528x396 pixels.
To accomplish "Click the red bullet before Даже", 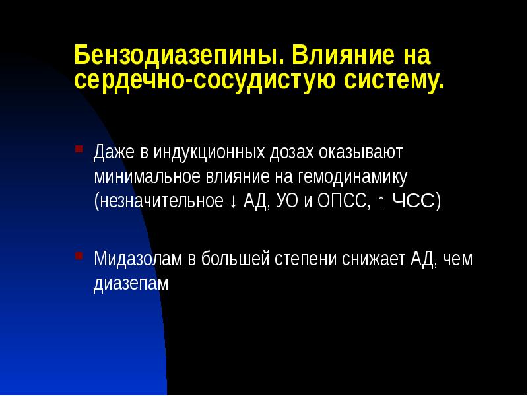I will coord(79,148).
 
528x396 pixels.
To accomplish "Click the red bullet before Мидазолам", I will coord(79,255).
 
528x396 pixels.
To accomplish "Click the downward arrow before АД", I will coord(234,201).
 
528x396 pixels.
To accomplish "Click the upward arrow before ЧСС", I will coord(382,201).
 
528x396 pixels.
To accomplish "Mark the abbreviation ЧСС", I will coord(413,201).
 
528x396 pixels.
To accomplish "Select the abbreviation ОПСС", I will coord(344,201).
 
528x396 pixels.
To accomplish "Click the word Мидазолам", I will coord(136,258).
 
